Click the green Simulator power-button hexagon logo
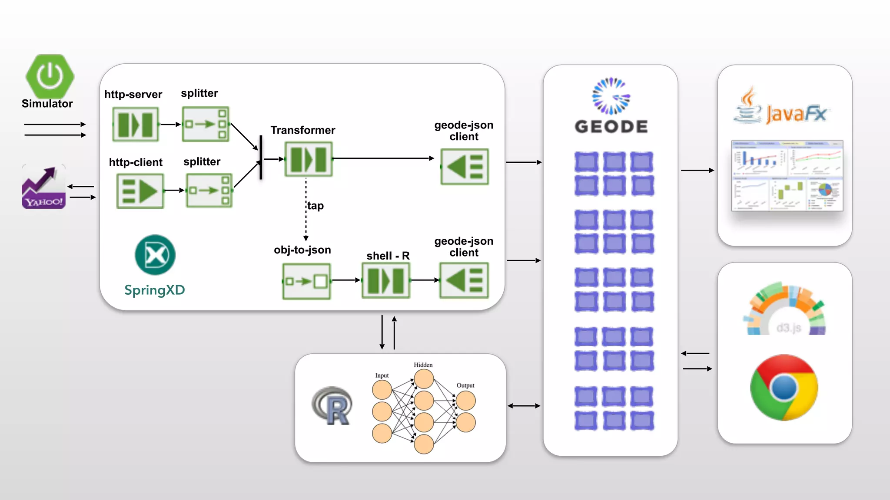(50, 76)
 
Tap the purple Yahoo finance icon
(43, 187)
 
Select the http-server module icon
(136, 125)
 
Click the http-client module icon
(140, 191)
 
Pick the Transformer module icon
(309, 159)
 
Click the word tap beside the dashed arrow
(315, 206)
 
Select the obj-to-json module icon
(306, 281)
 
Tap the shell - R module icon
(386, 281)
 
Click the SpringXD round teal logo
(155, 255)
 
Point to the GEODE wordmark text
(611, 127)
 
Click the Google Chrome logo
(784, 388)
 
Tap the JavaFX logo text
(796, 114)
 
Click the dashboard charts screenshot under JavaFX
(787, 176)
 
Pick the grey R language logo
(332, 406)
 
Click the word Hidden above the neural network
(423, 365)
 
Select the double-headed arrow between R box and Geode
(524, 406)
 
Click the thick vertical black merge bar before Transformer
(261, 157)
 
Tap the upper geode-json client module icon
(465, 167)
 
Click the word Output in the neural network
(465, 385)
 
